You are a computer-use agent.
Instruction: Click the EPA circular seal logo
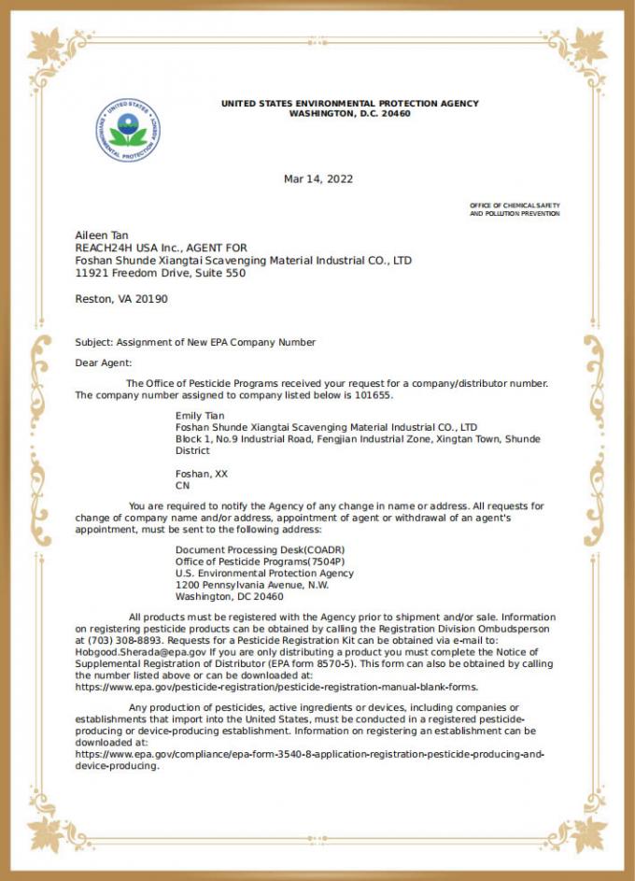(128, 131)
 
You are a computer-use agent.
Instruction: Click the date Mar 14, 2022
(317, 179)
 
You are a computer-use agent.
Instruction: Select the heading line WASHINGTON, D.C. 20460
(349, 113)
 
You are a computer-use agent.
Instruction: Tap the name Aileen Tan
(102, 235)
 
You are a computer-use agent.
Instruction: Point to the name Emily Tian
(201, 414)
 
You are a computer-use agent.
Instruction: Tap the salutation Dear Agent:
(104, 362)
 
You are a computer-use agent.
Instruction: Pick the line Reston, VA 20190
(121, 299)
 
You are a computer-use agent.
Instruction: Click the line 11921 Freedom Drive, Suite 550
(160, 274)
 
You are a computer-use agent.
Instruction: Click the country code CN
(182, 486)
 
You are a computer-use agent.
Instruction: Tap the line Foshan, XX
(201, 474)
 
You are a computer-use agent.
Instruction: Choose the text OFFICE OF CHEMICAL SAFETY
(515, 205)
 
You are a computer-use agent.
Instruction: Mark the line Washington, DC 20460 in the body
(230, 596)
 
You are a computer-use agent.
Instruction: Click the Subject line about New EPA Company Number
(195, 342)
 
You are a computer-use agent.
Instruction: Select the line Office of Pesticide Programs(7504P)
(247, 561)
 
